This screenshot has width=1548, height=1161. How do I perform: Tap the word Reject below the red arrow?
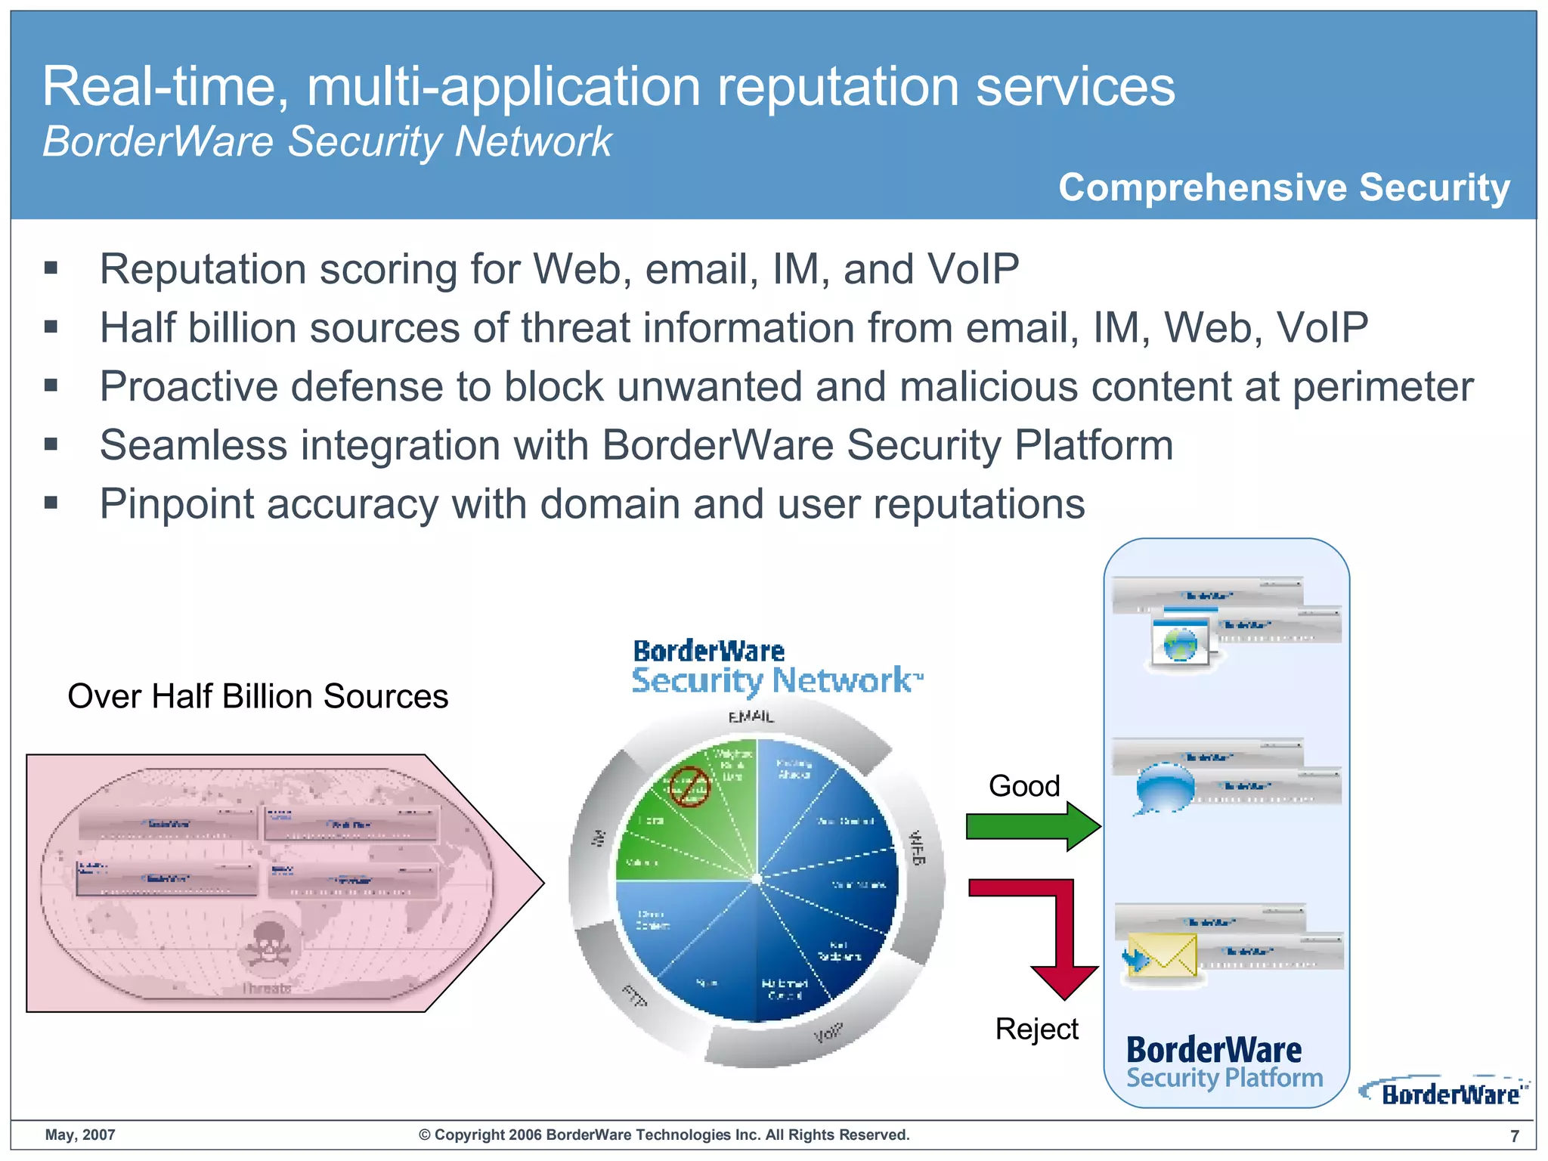pyautogui.click(x=1036, y=1029)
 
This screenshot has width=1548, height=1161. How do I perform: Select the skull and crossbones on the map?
pyautogui.click(x=266, y=944)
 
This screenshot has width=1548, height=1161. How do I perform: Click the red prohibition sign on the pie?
pyautogui.click(x=689, y=786)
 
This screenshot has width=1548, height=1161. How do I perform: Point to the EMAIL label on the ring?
pyautogui.click(x=751, y=717)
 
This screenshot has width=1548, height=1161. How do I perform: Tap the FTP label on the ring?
pyautogui.click(x=634, y=996)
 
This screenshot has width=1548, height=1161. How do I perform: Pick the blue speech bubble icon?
pyautogui.click(x=1165, y=788)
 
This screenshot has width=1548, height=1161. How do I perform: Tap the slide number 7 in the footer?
pyautogui.click(x=1514, y=1136)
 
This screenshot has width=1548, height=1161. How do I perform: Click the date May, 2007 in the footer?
pyautogui.click(x=80, y=1135)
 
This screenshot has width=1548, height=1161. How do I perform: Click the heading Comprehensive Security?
pyautogui.click(x=1283, y=187)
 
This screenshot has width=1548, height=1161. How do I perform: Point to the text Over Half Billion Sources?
pyautogui.click(x=258, y=696)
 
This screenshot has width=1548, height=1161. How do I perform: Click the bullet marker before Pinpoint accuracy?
pyautogui.click(x=51, y=503)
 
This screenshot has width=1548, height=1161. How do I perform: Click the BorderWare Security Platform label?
pyautogui.click(x=1224, y=1063)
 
